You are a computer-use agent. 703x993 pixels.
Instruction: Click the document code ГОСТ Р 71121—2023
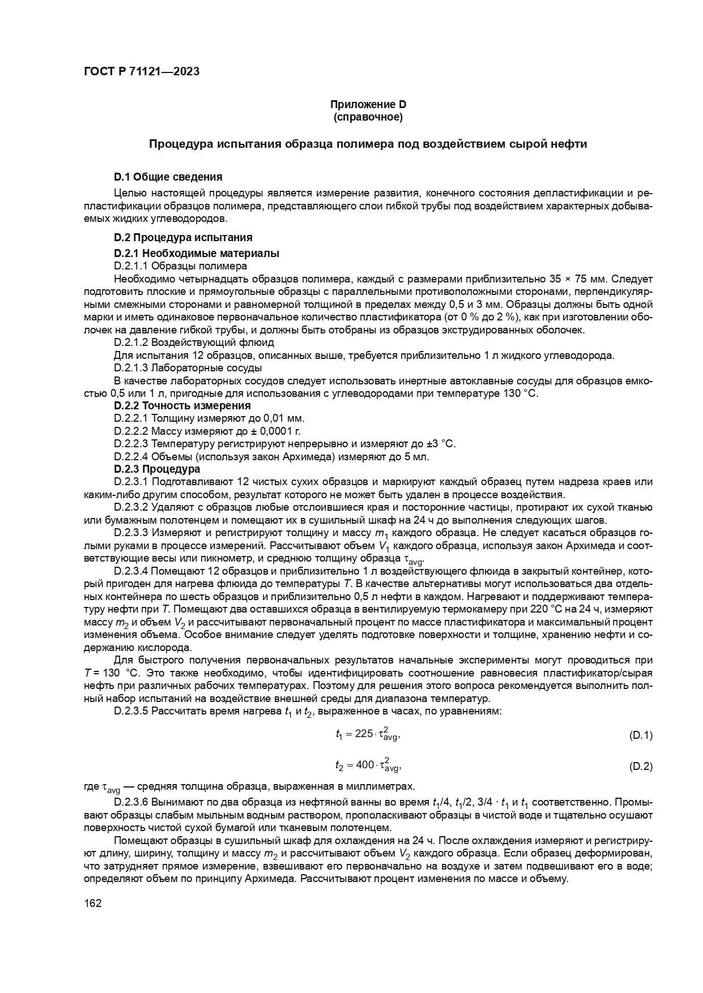(x=141, y=72)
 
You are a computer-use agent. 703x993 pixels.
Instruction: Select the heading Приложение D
(x=368, y=105)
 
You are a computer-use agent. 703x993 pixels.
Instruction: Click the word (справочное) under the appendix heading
(x=368, y=117)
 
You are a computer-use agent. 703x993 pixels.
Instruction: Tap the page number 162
(x=92, y=903)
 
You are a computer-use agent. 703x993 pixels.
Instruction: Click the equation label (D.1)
(x=641, y=735)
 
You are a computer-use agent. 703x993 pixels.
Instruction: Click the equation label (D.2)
(x=641, y=767)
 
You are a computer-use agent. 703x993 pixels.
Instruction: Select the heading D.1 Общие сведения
(x=168, y=177)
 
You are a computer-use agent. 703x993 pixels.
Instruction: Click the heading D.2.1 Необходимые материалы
(x=196, y=253)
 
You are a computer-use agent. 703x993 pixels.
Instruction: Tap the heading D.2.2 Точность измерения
(x=182, y=405)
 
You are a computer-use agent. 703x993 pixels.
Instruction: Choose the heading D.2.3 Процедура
(x=156, y=469)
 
